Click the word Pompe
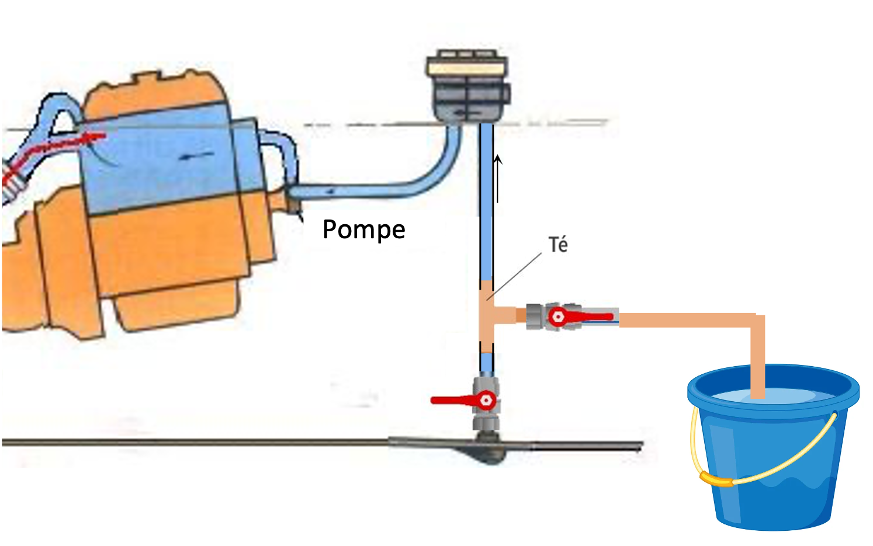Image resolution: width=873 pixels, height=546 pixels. (363, 229)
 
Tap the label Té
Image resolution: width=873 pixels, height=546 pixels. (558, 245)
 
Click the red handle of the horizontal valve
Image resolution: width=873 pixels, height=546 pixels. (590, 317)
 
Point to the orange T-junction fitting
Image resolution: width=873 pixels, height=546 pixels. (488, 316)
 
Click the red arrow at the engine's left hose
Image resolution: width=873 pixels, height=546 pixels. (64, 142)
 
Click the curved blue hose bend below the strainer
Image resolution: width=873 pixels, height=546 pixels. (444, 169)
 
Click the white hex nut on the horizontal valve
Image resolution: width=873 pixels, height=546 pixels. (557, 317)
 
